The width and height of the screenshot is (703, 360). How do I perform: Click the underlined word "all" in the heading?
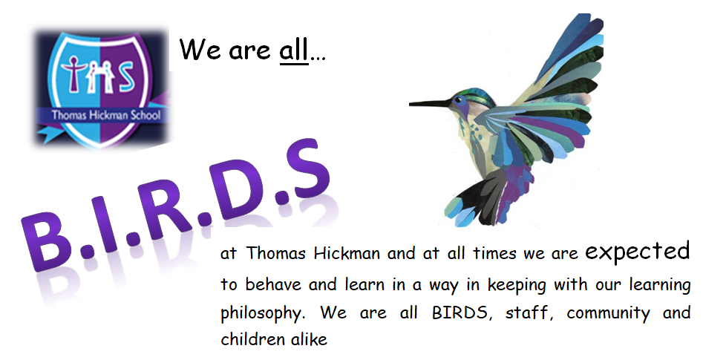[294, 50]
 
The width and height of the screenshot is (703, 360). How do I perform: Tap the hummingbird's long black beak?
[431, 104]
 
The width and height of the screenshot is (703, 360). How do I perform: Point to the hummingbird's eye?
[459, 98]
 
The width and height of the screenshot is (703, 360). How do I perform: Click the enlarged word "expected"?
[638, 251]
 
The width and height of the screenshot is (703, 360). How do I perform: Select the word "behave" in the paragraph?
[273, 284]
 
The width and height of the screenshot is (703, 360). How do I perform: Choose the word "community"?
[608, 313]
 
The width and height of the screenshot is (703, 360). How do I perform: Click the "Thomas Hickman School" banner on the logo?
[106, 115]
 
